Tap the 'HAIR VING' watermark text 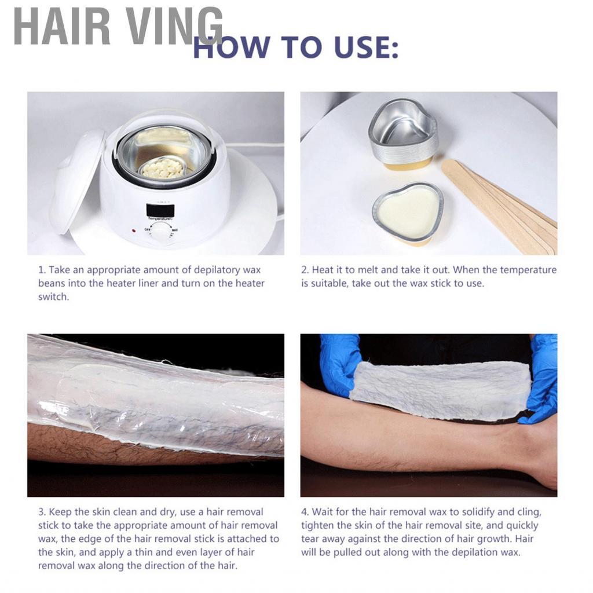coord(118,27)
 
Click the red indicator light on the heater coord(133,230)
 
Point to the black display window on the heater coord(158,210)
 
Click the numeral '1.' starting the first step coord(42,270)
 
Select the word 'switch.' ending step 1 coord(53,296)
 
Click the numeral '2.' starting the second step coord(305,270)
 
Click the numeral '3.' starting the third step coord(42,512)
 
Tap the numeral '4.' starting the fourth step coord(305,512)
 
